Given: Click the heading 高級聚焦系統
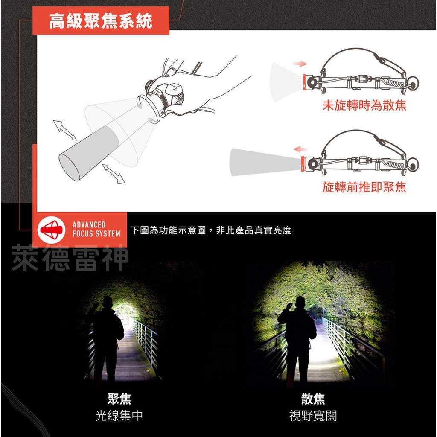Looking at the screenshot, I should pos(101,21).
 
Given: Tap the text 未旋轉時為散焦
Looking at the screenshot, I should pos(364,105).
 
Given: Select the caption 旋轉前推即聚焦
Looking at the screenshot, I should pos(364,187).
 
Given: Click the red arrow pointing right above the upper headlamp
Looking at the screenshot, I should pos(300,64).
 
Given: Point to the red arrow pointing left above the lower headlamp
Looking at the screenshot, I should pos(300,149).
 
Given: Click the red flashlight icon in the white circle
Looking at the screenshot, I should pos(51,230).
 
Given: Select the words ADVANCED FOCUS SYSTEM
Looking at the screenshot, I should pos(96,229).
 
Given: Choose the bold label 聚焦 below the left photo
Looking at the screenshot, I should pos(119,399).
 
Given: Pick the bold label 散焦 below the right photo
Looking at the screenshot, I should pos(313,399).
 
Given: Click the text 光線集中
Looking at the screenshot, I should pos(119,415).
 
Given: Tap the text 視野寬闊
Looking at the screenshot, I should pos(313,415).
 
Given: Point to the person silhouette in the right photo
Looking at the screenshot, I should pos(297,337).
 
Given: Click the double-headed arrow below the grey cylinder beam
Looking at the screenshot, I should pos(114,174).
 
